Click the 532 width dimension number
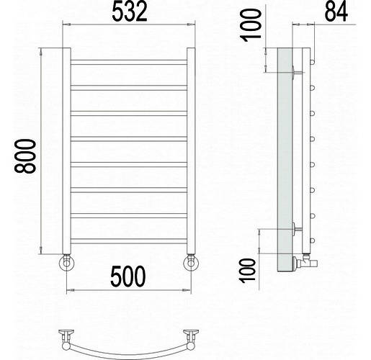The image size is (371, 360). (130, 12)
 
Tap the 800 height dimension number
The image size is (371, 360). (25, 156)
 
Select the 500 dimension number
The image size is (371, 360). (128, 276)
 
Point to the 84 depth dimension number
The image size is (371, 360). (336, 12)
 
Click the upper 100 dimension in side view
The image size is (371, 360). (251, 25)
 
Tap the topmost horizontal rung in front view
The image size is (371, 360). (129, 62)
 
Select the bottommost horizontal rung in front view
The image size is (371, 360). (129, 241)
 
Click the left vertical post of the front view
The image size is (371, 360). (66, 150)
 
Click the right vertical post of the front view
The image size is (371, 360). (191, 150)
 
